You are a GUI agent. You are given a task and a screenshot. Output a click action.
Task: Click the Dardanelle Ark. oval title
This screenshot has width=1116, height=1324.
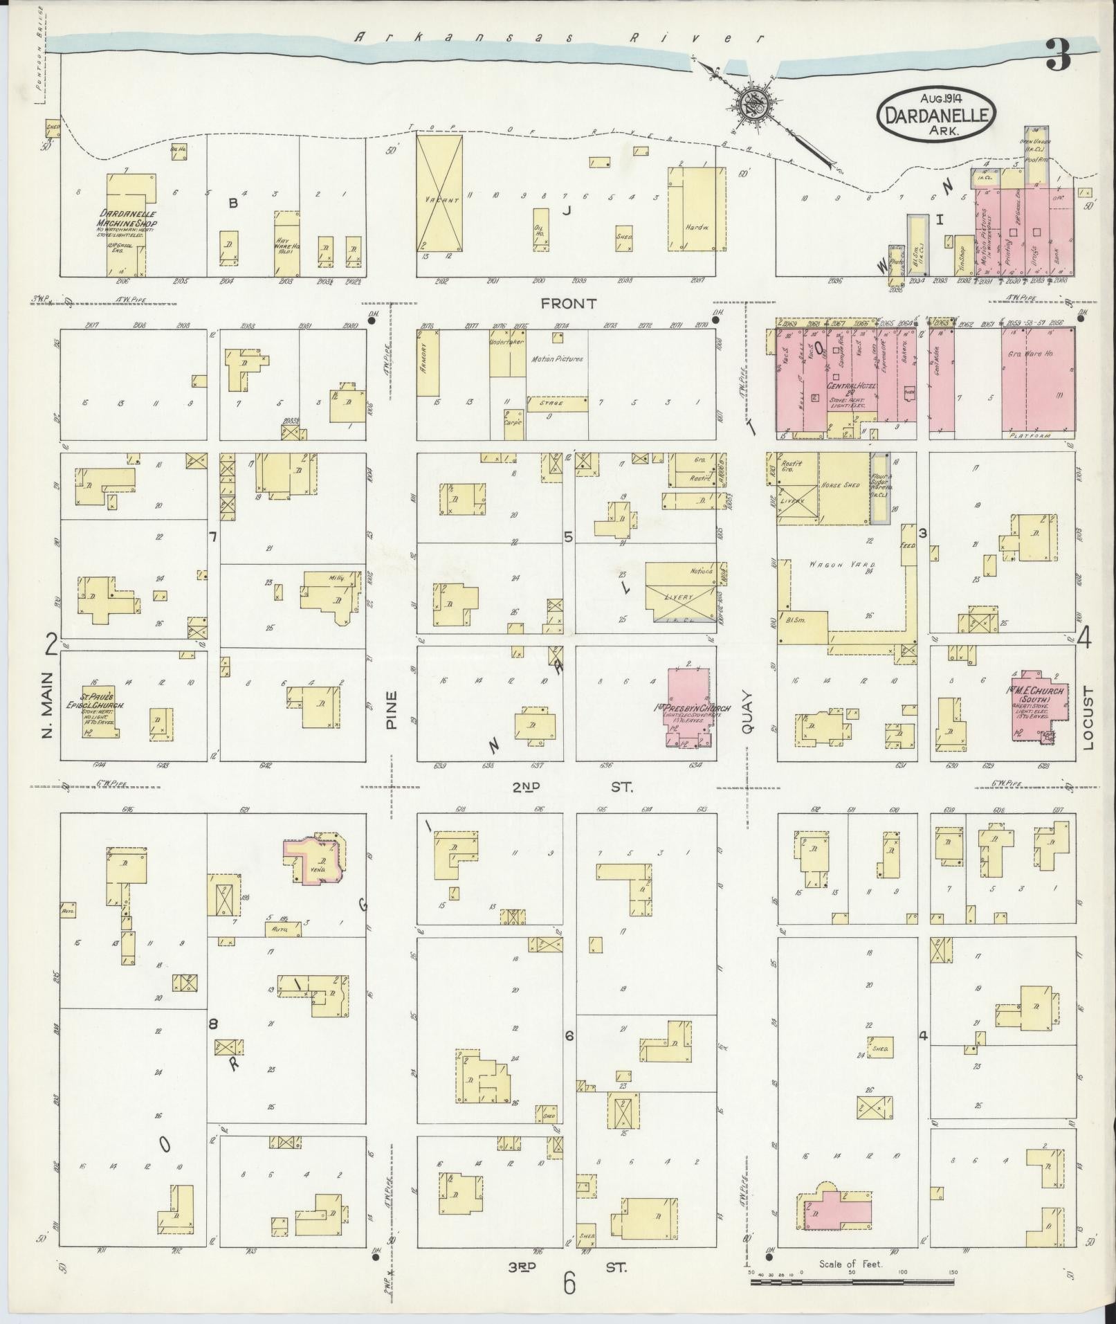coord(936,117)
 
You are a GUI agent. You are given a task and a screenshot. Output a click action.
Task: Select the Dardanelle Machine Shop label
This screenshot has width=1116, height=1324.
coord(127,219)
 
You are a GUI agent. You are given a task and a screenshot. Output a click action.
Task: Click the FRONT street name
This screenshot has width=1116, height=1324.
coord(568,303)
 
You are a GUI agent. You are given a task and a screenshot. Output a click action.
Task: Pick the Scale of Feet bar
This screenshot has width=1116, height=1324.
coord(854,1282)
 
